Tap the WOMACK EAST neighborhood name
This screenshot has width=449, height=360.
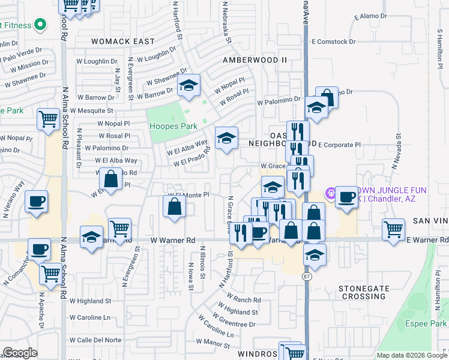(123, 41)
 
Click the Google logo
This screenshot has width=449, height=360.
(19, 353)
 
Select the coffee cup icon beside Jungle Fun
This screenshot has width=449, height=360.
(346, 197)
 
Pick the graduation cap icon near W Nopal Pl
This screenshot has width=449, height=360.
(188, 85)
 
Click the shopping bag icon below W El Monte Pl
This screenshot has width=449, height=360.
(174, 206)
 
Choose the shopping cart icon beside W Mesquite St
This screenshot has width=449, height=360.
(48, 118)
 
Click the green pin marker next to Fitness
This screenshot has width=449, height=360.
(40, 25)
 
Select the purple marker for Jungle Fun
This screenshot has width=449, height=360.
(330, 193)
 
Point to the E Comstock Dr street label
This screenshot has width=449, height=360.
(334, 42)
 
